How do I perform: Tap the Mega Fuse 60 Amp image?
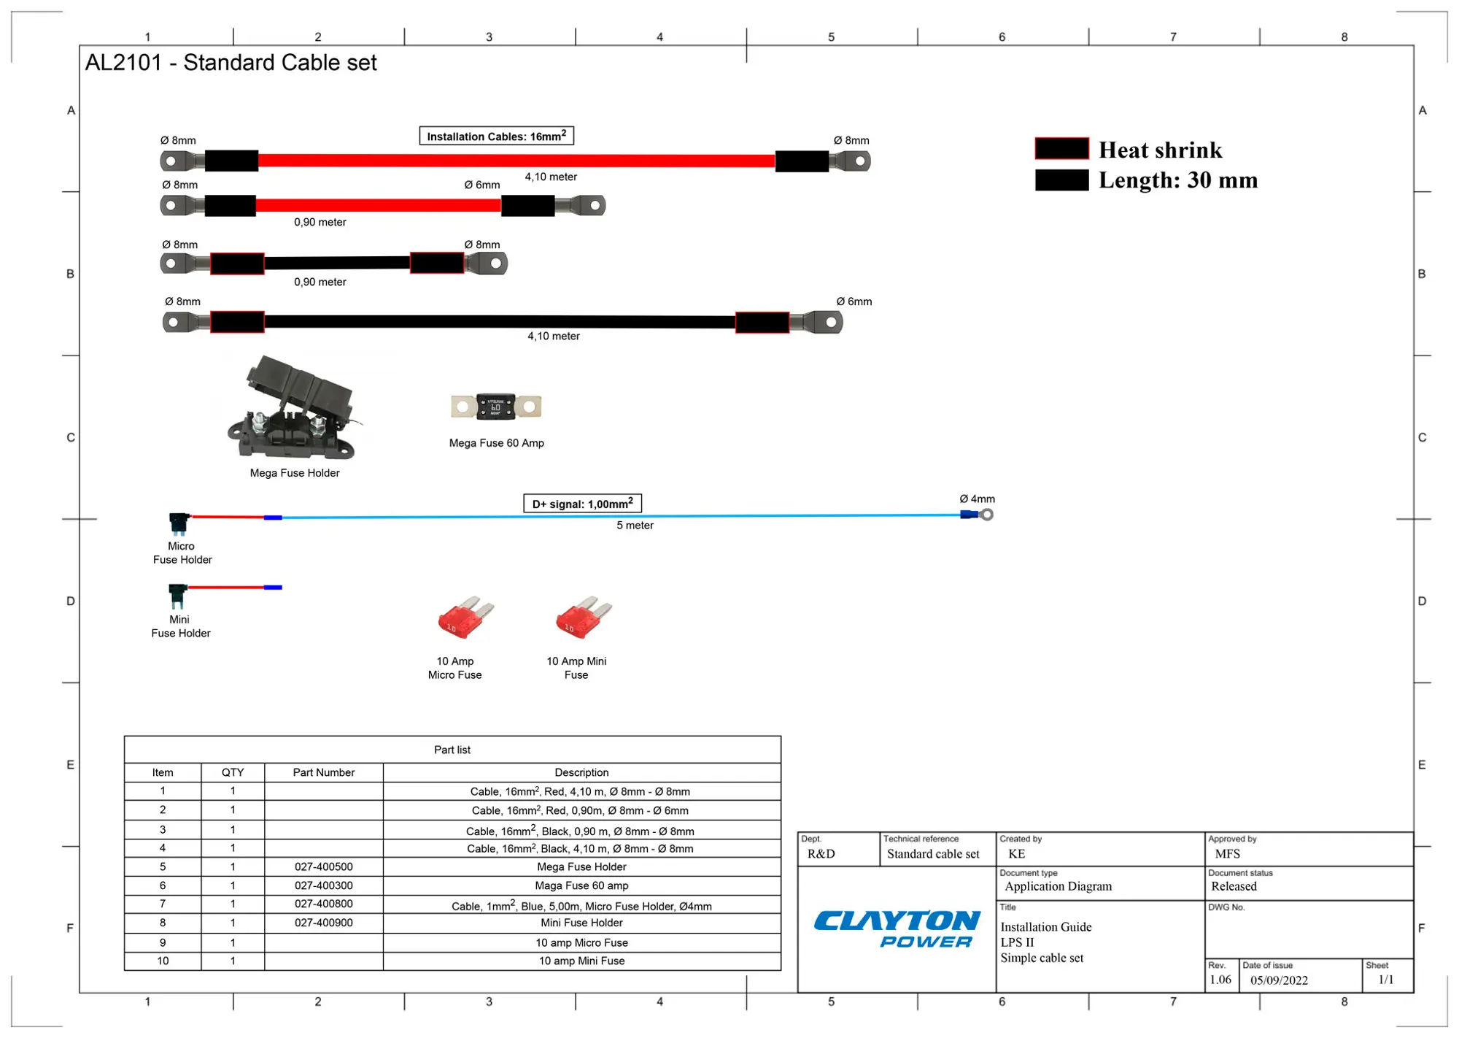pos(496,407)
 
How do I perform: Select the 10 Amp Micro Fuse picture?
pos(465,618)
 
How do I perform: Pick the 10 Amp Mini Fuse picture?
pos(584,618)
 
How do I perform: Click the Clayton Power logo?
pos(897,929)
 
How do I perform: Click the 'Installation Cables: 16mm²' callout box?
pos(496,136)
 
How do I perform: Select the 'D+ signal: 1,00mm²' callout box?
pos(582,504)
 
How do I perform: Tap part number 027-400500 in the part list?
pos(323,866)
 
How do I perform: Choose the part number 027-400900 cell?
pos(323,923)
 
